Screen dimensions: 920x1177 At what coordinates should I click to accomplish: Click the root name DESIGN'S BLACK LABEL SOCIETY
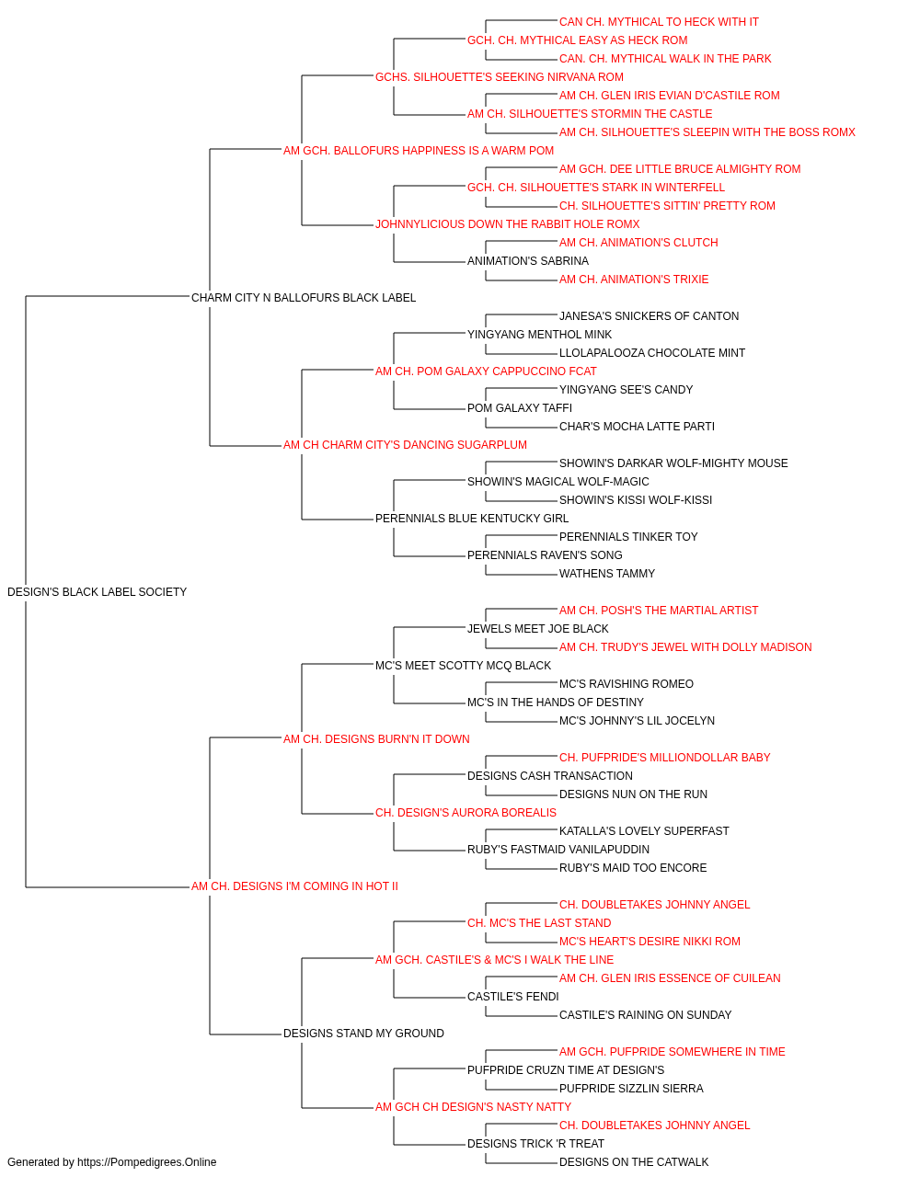pos(97,592)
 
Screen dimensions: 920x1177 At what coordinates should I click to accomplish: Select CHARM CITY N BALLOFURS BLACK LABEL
pos(304,298)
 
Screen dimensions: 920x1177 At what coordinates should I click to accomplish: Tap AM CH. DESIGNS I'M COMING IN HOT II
pos(294,886)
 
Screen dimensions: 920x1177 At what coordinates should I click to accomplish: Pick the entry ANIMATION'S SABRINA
pos(528,261)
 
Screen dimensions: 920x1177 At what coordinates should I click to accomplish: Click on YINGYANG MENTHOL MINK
pos(539,335)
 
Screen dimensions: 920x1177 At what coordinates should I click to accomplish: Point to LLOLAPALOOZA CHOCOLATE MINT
pos(651,353)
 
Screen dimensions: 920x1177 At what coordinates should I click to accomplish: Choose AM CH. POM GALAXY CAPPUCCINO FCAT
pos(486,371)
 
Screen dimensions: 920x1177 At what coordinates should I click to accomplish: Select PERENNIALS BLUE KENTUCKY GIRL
pos(471,519)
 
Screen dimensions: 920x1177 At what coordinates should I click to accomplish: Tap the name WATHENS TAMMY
pos(607,574)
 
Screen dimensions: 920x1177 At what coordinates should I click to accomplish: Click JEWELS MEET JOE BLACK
pos(537,629)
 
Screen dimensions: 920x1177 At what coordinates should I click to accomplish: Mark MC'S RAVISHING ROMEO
pos(626,684)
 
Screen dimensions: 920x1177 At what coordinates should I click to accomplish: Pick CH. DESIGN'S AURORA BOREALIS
pos(466,813)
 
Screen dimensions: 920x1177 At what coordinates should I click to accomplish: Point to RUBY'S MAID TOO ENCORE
pos(633,868)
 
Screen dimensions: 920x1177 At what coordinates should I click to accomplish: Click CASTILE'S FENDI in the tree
pos(512,997)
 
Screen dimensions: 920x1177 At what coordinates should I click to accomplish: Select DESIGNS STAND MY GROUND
pos(363,1034)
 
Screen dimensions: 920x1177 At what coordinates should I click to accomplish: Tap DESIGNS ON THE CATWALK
pos(633,1162)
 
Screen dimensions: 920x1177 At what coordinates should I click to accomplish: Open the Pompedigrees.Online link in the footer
pos(146,1162)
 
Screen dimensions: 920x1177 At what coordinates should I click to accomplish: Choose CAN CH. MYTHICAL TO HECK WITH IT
pos(659,22)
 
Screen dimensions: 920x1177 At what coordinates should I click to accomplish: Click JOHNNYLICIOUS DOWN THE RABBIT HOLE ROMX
pos(507,224)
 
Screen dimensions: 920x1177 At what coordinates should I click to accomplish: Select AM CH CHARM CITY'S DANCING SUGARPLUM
pos(405,445)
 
